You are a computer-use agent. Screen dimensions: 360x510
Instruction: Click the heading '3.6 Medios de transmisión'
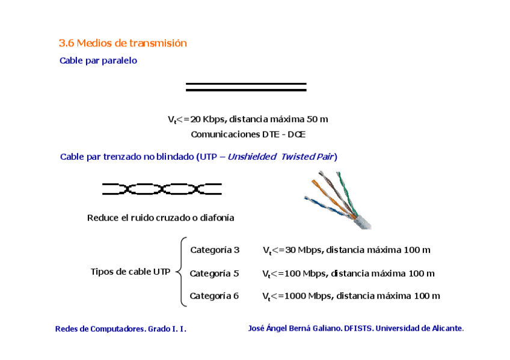point(123,43)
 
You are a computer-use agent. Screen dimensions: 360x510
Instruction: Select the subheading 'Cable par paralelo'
point(98,61)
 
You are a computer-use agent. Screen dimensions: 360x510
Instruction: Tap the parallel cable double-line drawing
point(246,87)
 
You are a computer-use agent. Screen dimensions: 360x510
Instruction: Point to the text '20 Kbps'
point(208,119)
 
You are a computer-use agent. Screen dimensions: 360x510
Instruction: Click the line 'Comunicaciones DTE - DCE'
point(248,134)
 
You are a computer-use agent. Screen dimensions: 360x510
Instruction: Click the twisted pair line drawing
point(162,189)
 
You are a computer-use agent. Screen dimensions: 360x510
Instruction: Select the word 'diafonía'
point(217,218)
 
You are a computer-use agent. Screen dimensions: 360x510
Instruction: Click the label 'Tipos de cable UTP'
point(130,272)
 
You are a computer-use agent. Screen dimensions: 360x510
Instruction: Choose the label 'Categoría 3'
point(215,249)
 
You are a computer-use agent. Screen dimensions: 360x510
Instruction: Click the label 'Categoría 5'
point(214,273)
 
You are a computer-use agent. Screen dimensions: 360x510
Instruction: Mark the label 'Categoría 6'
point(214,296)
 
